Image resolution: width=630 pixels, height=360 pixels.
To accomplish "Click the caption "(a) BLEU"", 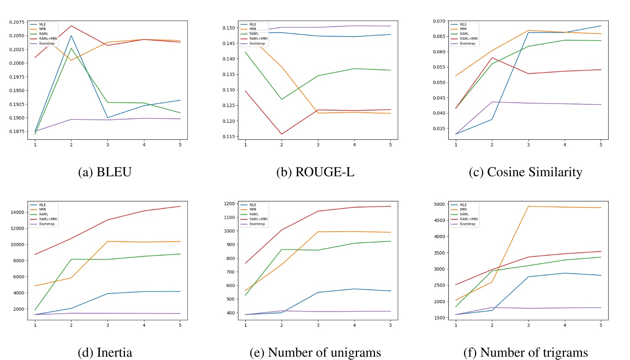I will coord(105,172).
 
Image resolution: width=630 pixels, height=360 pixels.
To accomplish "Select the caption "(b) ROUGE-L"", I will coord(315,172).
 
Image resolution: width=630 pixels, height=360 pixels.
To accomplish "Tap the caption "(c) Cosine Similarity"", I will coord(525,172).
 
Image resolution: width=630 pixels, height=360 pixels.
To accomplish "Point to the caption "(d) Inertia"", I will coord(105,352).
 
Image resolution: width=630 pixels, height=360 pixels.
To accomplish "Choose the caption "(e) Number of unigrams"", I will coord(315,352).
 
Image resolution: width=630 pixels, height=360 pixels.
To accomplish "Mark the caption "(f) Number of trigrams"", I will coord(525,352).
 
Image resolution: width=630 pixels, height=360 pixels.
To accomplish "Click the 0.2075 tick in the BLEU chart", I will coord(18,22).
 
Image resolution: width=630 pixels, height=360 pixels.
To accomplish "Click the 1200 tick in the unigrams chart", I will coord(230,204).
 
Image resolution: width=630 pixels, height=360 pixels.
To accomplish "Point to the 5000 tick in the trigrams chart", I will coord(440,204).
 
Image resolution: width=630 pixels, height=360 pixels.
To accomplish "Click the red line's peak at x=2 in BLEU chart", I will coord(71,26).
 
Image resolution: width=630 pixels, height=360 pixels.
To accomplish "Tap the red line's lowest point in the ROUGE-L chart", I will coord(282,134).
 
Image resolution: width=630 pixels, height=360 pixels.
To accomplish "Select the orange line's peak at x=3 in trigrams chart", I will coord(528,206).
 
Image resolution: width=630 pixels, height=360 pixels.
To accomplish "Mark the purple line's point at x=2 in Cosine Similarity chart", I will coord(492,102).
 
